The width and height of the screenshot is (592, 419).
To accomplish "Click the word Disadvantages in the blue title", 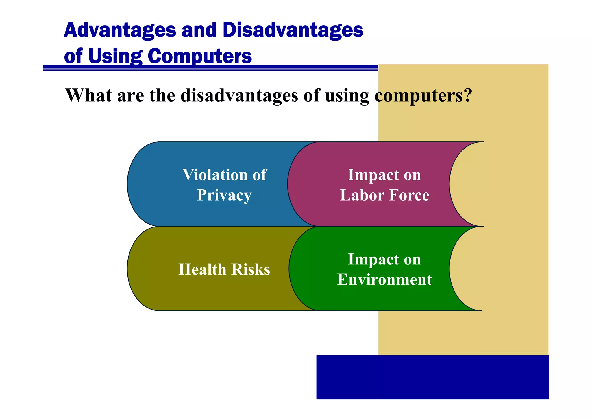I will [293, 30].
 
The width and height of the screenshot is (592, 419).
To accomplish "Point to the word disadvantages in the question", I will [239, 95].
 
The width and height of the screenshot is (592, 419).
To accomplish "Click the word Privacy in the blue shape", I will [224, 195].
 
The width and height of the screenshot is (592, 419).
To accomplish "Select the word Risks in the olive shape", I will [251, 269].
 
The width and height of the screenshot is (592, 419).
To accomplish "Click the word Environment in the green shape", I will [384, 280].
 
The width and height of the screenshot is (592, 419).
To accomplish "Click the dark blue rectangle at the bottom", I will [432, 377].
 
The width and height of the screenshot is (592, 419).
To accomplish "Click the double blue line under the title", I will [210, 68].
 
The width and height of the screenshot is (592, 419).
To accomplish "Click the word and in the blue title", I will [199, 30].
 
